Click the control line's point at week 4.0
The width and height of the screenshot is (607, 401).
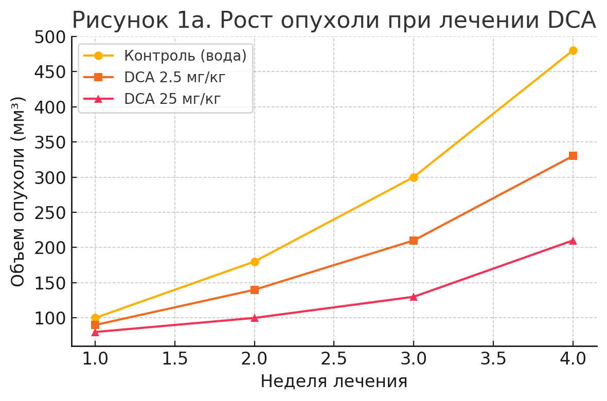coord(573,50)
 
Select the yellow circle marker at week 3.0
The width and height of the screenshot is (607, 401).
coord(414,177)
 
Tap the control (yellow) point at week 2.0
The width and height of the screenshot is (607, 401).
coord(255,262)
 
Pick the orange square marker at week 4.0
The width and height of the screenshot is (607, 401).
coord(573,156)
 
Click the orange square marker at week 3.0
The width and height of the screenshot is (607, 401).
coord(414,241)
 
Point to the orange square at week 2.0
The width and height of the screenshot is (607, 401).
coord(255,290)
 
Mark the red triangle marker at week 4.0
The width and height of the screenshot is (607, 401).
coord(573,241)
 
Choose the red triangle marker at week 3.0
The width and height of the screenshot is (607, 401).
coord(414,297)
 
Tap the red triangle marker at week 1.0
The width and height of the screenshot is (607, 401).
coord(95,332)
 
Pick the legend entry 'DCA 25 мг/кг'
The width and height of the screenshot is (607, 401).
coord(172,99)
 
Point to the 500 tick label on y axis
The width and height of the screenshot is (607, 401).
coord(50,38)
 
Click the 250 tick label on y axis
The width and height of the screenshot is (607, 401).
coord(50,213)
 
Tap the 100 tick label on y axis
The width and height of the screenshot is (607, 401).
coord(50,318)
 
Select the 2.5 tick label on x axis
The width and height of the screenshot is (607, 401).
coord(334,359)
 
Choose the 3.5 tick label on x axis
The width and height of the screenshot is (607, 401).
coord(493,359)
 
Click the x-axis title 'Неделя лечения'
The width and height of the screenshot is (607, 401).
coord(334,381)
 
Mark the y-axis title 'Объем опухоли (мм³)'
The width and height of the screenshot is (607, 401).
coord(17,191)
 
